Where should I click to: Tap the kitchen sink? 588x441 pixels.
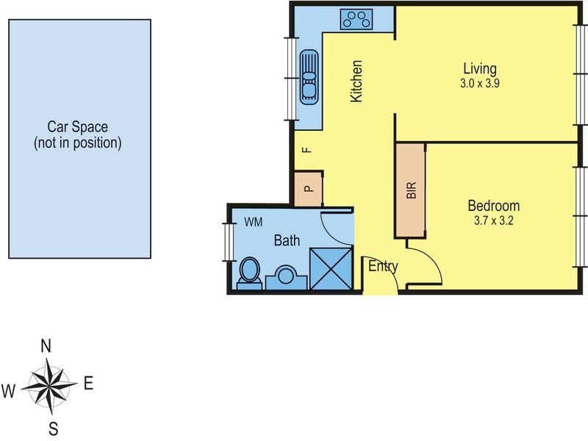(309, 74)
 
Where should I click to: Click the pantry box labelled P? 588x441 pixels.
(309, 189)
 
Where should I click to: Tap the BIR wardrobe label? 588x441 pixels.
(411, 190)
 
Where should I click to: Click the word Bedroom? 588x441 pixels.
(493, 206)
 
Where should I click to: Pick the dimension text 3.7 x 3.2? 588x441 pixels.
(493, 220)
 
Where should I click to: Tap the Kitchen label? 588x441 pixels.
(357, 81)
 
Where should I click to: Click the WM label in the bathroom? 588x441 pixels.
(253, 221)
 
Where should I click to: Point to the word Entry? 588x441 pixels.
(383, 266)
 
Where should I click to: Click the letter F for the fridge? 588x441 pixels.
(308, 150)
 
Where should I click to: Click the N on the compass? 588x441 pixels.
(46, 345)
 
